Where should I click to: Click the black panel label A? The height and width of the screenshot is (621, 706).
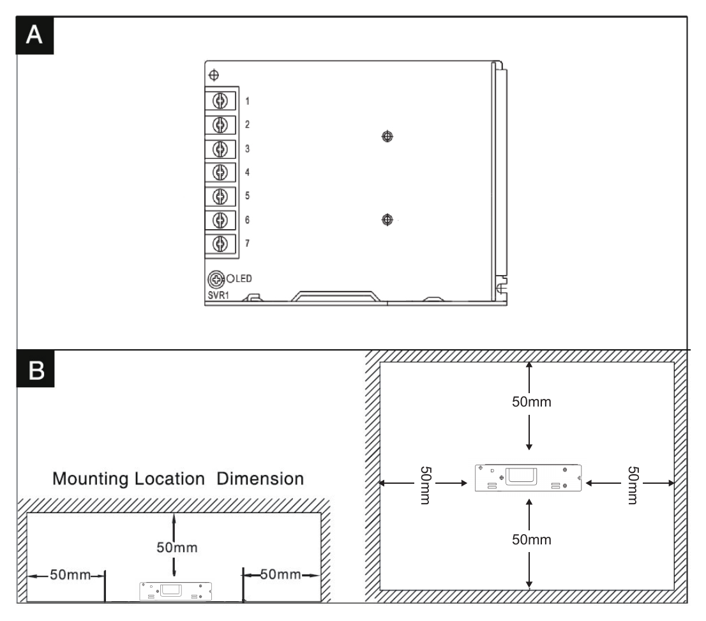[x=34, y=36]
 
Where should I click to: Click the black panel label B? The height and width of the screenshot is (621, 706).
[x=36, y=370]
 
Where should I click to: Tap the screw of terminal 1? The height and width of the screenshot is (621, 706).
[x=220, y=101]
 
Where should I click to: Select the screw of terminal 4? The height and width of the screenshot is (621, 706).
[x=220, y=172]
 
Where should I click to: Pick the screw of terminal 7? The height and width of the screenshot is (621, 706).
[x=220, y=244]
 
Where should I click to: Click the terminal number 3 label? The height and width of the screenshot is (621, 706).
[x=247, y=149]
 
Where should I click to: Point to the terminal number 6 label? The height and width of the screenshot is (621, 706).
[x=247, y=220]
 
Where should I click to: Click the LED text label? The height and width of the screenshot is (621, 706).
[x=244, y=279]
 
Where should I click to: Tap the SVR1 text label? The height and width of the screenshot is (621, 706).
[x=218, y=296]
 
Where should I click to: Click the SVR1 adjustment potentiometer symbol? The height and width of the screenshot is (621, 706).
[x=216, y=280]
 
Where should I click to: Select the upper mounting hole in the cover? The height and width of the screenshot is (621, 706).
[x=387, y=136]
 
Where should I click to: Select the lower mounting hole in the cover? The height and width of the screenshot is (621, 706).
[x=387, y=220]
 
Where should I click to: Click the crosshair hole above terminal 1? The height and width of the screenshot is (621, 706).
[x=214, y=75]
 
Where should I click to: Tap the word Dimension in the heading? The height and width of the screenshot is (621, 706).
[x=260, y=479]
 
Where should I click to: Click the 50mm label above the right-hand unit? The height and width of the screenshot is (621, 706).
[x=532, y=401]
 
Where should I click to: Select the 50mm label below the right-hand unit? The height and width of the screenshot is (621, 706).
[x=532, y=539]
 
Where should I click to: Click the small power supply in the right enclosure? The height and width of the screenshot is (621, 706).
[x=528, y=478]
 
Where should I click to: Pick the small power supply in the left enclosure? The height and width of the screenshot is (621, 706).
[x=176, y=591]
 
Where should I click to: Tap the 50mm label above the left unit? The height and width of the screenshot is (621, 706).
[x=177, y=548]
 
